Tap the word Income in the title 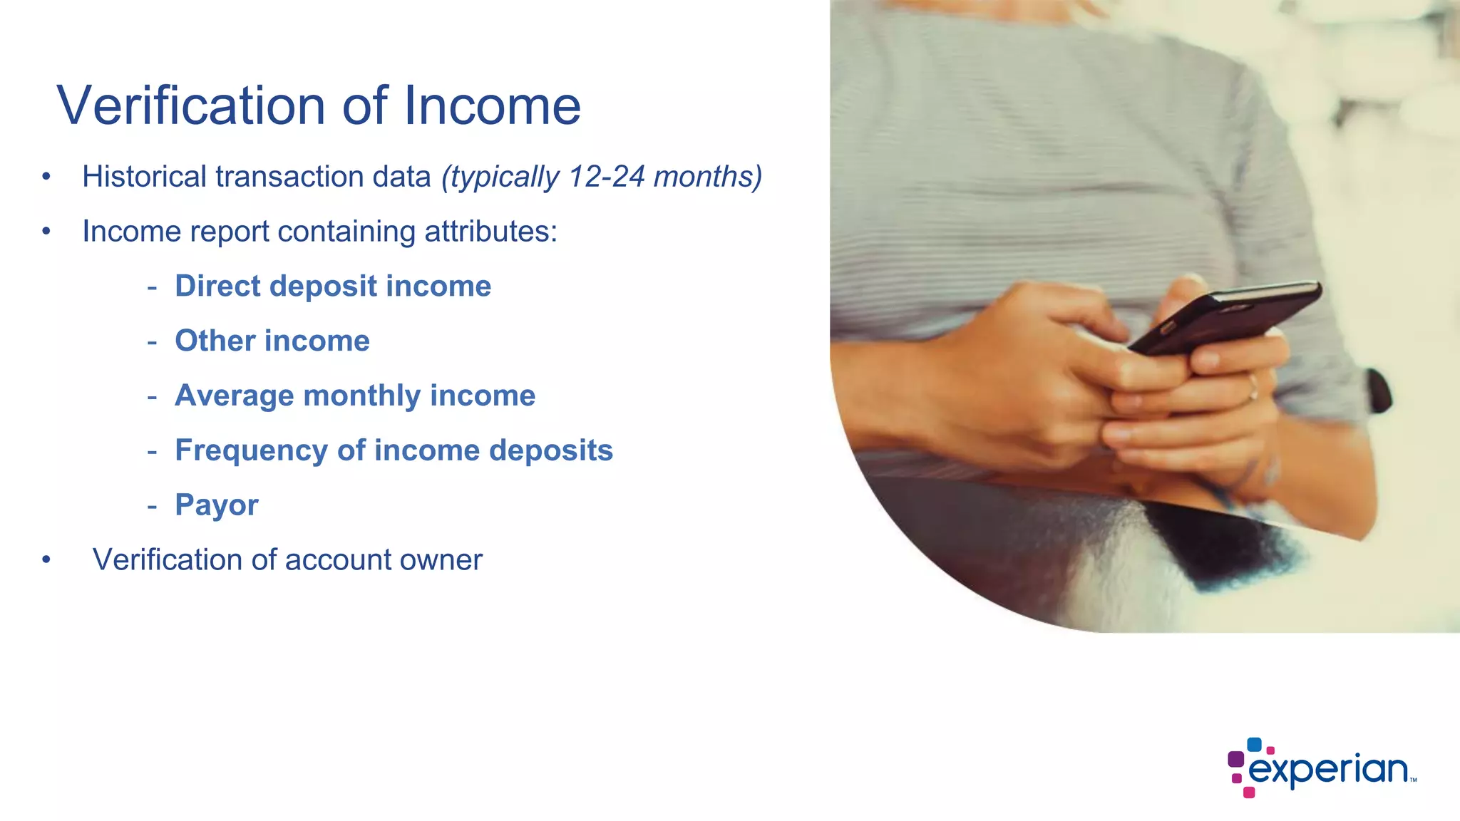[492, 106]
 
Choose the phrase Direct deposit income [333, 286]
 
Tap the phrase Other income [272, 341]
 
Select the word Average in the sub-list [234, 396]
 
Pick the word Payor [217, 505]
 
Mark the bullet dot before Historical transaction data [46, 177]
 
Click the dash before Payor [152, 505]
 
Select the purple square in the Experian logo [1236, 759]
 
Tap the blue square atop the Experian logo [1254, 745]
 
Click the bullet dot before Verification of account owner [46, 560]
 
